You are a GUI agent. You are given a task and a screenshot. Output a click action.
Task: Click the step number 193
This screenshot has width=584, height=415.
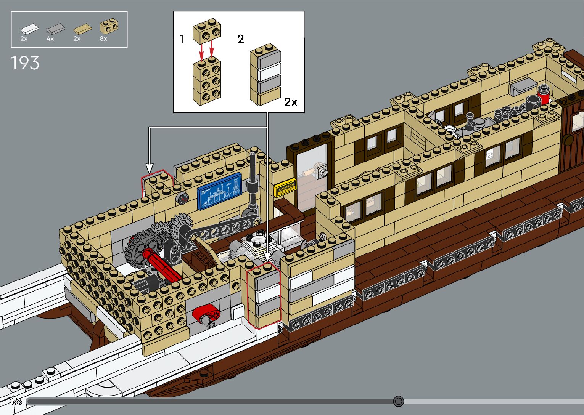25,63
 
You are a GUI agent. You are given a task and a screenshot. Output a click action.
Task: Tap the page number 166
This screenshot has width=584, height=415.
16,401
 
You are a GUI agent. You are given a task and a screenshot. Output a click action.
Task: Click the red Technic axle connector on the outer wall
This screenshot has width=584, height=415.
206,315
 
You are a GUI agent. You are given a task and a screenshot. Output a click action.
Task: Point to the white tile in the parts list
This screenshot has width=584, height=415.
29,28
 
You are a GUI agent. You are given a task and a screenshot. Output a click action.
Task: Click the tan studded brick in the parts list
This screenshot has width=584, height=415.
109,27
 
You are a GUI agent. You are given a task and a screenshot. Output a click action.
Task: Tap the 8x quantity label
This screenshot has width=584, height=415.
103,39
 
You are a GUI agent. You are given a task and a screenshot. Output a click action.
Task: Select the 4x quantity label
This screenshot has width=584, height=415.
50,39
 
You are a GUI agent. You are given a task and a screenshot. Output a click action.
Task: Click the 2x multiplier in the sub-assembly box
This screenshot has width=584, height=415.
291,102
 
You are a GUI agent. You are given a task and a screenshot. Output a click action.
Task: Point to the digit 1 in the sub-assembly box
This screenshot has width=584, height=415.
182,39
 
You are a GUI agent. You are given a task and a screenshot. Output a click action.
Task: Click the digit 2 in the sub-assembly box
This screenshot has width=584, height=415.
241,39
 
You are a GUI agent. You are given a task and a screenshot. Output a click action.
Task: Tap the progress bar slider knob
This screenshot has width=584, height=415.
398,401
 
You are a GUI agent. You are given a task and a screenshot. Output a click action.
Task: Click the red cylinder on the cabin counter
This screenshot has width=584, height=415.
543,94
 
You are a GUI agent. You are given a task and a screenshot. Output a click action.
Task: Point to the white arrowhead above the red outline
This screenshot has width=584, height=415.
150,168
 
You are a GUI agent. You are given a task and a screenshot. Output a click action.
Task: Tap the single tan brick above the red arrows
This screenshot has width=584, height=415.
207,31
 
